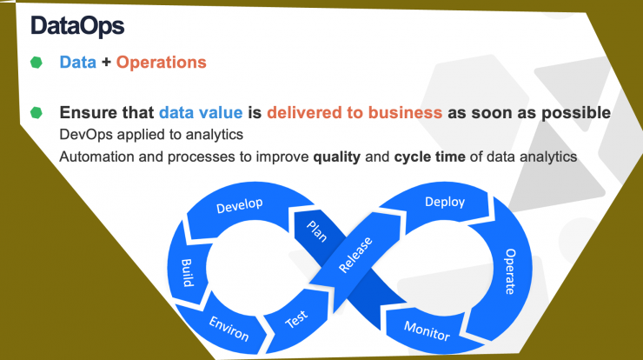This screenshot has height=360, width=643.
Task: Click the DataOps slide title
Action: tap(77, 26)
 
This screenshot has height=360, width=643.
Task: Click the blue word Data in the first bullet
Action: tap(78, 63)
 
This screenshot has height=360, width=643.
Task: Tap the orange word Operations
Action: tap(161, 63)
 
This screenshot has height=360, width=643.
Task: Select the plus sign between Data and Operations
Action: tap(106, 63)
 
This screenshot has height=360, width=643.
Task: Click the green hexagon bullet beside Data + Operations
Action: tap(36, 63)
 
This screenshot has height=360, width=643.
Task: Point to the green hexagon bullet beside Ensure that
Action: tap(36, 112)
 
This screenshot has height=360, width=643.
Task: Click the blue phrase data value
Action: tap(201, 112)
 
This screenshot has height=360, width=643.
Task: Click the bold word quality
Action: tap(336, 157)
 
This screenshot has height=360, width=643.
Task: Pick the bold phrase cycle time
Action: tap(430, 157)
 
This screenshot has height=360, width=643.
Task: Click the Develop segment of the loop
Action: tap(240, 205)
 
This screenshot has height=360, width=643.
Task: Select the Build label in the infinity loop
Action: tap(187, 272)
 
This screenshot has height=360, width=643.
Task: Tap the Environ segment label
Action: tap(229, 329)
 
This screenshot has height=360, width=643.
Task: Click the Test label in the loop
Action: tap(296, 319)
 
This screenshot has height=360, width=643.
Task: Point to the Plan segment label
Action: tap(317, 231)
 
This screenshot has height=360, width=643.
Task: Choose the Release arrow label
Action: tap(355, 255)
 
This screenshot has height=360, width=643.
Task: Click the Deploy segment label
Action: tap(445, 202)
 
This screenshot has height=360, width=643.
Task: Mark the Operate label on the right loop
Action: tap(510, 271)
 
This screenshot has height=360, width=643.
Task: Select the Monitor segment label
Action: tap(427, 330)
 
